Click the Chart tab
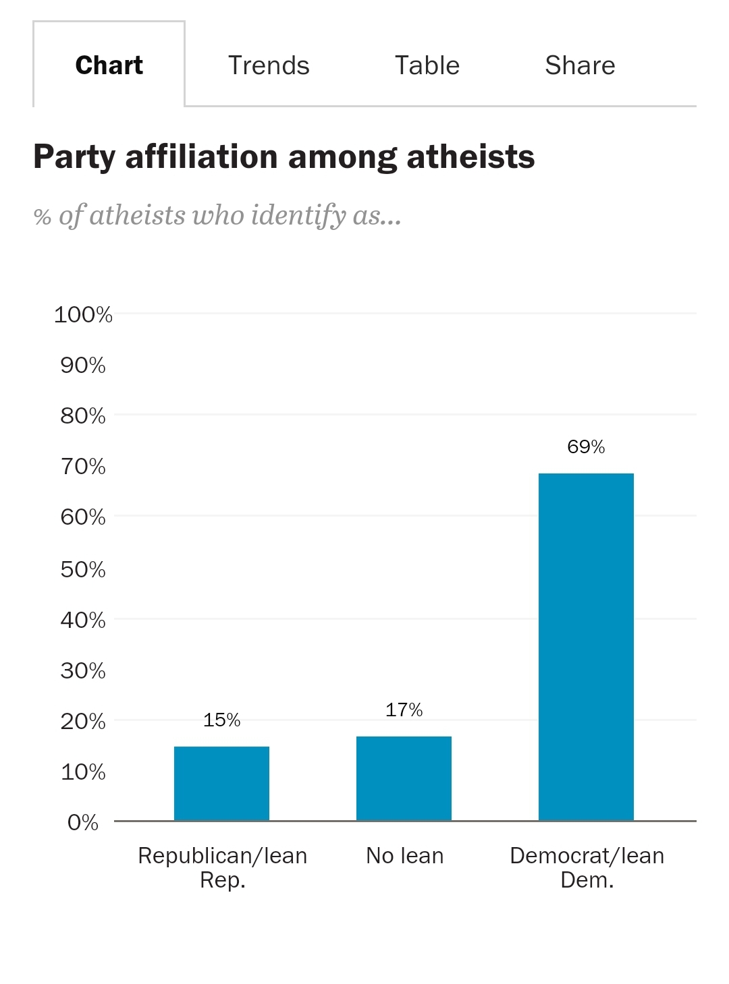(x=109, y=65)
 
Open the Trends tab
(x=269, y=65)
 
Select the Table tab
(x=427, y=65)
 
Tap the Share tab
(x=580, y=65)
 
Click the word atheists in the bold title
(x=470, y=157)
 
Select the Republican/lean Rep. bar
(x=221, y=783)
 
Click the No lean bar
(x=404, y=778)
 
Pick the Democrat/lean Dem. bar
(x=586, y=647)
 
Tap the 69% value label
(x=586, y=446)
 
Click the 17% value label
(x=404, y=710)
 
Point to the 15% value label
(x=221, y=720)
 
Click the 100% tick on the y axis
(x=83, y=314)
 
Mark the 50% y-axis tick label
(x=83, y=569)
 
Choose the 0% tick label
(x=83, y=822)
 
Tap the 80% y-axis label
(x=83, y=415)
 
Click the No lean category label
(x=404, y=855)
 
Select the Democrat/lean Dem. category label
(x=587, y=867)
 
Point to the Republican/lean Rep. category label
(x=222, y=867)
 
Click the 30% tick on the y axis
(x=83, y=670)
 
